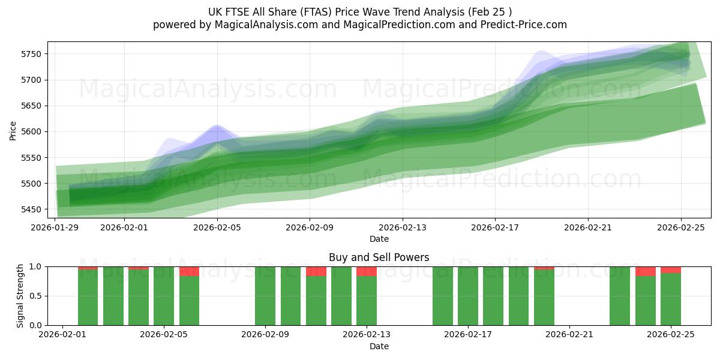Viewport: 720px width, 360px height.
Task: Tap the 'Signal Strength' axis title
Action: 20,296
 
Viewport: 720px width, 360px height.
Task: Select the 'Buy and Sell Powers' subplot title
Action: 379,257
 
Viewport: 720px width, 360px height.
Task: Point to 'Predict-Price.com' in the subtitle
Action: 521,25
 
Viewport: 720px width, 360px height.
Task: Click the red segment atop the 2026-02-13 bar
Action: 367,271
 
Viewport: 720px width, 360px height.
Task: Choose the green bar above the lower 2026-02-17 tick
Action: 468,297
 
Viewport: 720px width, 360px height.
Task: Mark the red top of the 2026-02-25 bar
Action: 671,269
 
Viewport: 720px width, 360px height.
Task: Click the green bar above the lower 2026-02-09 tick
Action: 265,297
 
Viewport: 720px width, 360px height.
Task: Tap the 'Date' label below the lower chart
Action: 379,346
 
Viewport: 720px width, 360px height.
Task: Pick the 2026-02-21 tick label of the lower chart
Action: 569,334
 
